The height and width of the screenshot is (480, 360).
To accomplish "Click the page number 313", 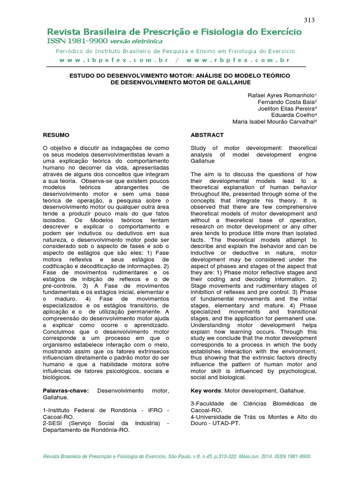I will [309, 20].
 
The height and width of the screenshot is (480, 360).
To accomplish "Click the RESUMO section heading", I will [56, 135].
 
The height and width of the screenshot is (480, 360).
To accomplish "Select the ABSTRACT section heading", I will [207, 135].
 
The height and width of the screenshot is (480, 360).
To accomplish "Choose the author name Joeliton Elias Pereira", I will [286, 108].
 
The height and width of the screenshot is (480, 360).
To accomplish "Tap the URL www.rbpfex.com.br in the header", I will [238, 60].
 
